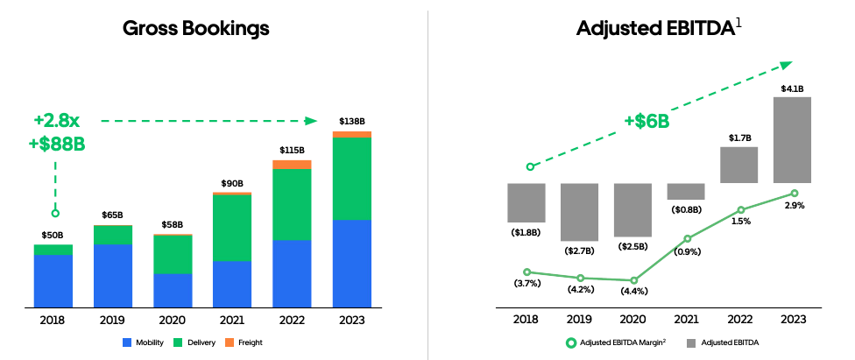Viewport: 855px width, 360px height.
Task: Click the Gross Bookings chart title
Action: [195, 28]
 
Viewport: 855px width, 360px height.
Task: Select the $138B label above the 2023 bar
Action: [351, 121]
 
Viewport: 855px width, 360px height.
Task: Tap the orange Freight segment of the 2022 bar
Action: [292, 165]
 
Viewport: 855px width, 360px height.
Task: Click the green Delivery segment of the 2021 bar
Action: [232, 227]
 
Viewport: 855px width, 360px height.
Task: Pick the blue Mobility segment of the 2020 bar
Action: [173, 290]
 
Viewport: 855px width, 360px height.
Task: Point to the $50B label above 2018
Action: [53, 235]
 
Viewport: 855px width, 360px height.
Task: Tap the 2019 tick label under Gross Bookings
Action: [113, 321]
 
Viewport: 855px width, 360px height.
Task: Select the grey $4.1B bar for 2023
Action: [792, 139]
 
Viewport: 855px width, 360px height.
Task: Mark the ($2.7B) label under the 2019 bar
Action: [580, 251]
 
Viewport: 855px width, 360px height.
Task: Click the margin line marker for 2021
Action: [688, 238]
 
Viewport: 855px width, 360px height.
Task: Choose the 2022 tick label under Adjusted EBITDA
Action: [740, 321]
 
